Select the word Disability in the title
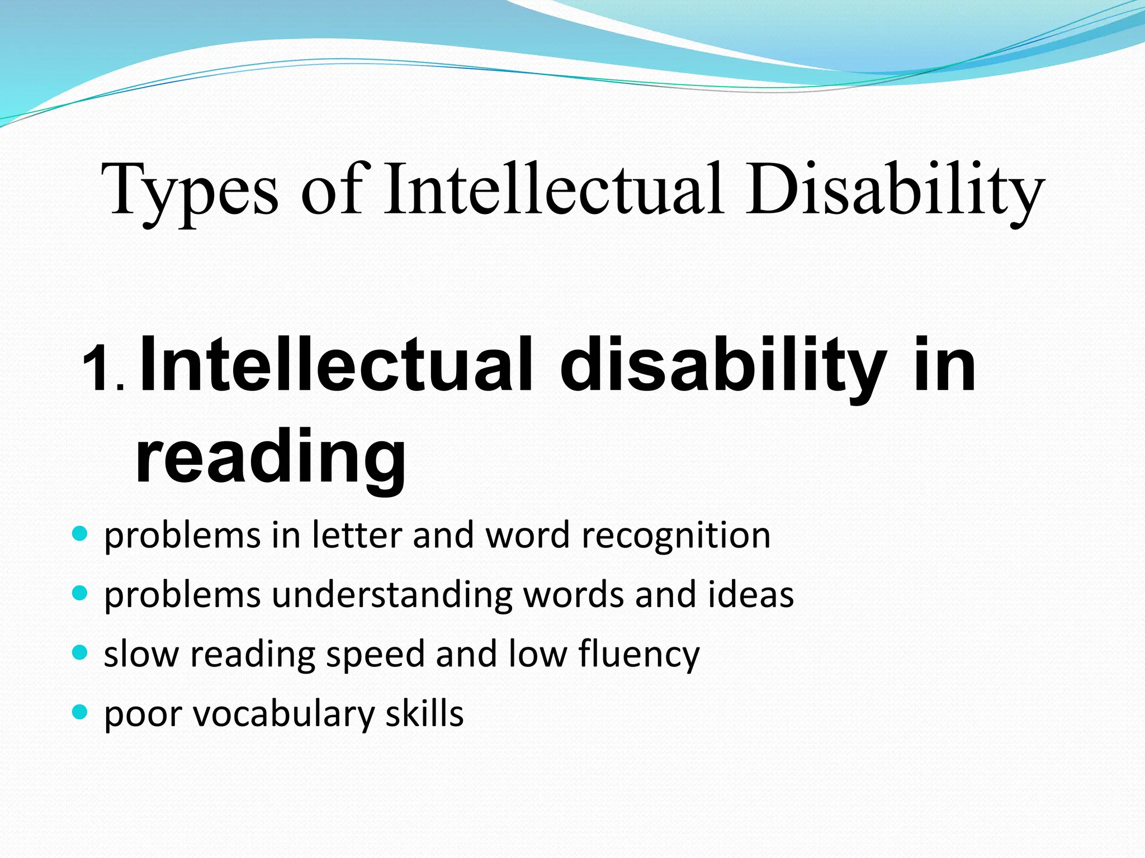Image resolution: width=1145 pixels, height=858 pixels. coord(894,190)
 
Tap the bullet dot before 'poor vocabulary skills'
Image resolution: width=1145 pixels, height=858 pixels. coord(81,712)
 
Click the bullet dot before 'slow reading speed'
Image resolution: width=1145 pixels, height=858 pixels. coord(81,652)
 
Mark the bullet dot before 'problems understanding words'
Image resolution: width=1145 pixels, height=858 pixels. coord(81,593)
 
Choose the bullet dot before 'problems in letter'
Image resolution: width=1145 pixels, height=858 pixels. coord(81,533)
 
